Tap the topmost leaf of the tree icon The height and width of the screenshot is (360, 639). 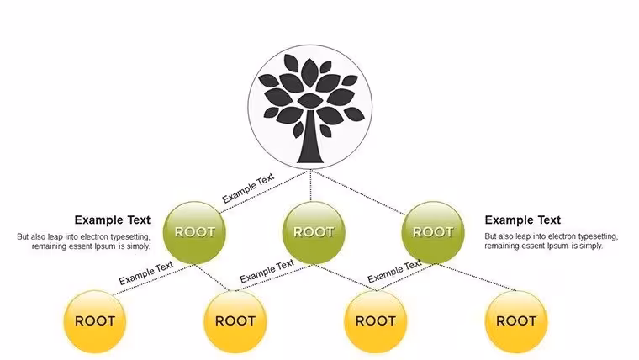click(x=309, y=72)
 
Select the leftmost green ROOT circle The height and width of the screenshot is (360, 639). click(x=194, y=232)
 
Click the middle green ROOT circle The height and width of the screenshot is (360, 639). click(x=314, y=232)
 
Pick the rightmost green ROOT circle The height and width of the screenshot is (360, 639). click(x=433, y=232)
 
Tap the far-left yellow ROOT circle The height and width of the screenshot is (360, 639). click(x=94, y=321)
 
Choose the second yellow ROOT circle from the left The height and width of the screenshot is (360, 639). click(x=235, y=321)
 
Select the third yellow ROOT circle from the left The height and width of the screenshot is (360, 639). click(x=375, y=321)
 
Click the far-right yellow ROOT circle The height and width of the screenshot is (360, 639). click(x=516, y=321)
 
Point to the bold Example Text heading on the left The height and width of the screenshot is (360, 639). click(x=113, y=220)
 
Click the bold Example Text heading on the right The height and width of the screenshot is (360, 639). click(x=523, y=220)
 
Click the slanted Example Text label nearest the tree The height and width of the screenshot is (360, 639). click(x=248, y=188)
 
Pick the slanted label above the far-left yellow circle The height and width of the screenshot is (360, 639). click(x=146, y=273)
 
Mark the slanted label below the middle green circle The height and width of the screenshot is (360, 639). click(x=267, y=271)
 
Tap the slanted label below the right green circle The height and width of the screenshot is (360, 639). click(x=394, y=272)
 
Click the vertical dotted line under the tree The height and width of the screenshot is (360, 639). click(x=311, y=186)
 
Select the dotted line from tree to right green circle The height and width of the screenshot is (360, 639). click(x=358, y=193)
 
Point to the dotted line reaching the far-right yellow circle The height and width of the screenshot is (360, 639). click(x=476, y=278)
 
